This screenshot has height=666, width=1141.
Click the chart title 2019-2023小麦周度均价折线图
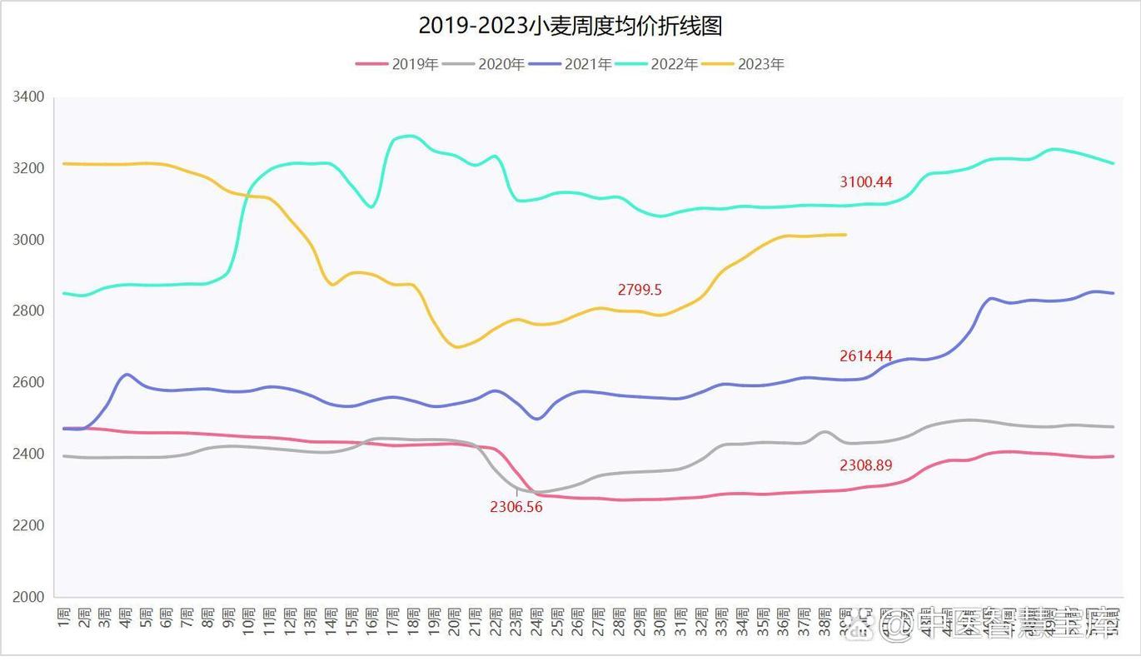(x=570, y=26)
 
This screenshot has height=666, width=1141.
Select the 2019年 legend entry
(x=397, y=64)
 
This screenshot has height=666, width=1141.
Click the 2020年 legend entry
(x=484, y=64)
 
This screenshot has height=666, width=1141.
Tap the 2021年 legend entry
(x=570, y=64)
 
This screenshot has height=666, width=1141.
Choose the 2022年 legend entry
(x=657, y=64)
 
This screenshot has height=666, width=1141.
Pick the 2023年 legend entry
(x=744, y=64)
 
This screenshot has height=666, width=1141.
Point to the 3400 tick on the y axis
(x=28, y=97)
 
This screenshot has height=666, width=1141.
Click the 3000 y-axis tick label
(x=28, y=240)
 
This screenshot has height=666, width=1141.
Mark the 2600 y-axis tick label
(x=28, y=383)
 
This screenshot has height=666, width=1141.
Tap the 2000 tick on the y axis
(x=28, y=597)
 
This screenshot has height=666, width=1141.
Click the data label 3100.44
(x=865, y=182)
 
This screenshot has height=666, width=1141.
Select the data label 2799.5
(x=640, y=291)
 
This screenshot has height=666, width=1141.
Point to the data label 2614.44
(x=865, y=356)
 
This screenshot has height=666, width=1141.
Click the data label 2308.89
(x=865, y=466)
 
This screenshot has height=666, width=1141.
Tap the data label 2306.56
(x=516, y=507)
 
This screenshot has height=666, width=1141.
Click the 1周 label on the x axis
(x=64, y=621)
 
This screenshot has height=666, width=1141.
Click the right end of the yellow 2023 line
(x=845, y=235)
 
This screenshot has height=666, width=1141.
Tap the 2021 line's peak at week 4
(x=126, y=375)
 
